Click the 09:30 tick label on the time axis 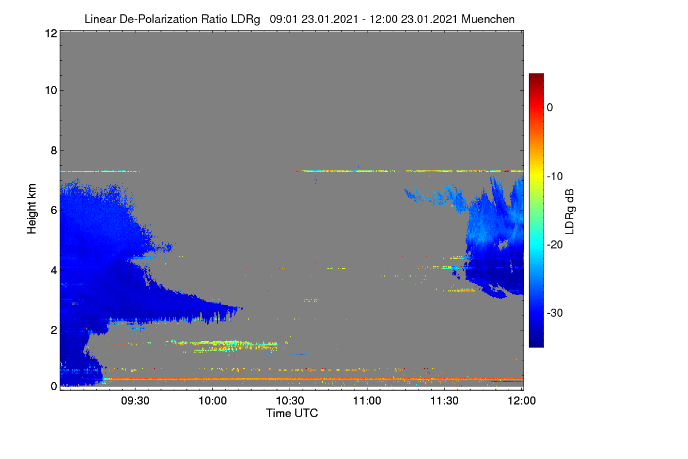[x=135, y=401]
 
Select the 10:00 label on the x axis [x=213, y=401]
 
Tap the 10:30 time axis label [x=290, y=401]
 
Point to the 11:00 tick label [x=367, y=401]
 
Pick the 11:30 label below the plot [x=444, y=401]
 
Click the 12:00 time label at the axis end [x=522, y=401]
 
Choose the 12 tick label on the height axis [x=51, y=33]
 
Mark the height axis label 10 [x=51, y=91]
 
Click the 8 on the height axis [x=54, y=150]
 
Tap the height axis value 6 [x=54, y=211]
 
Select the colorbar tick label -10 [x=555, y=177]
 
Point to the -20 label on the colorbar [x=555, y=245]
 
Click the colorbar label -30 [x=555, y=313]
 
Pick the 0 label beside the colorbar [x=550, y=108]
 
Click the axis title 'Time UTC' [x=292, y=413]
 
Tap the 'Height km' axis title [x=32, y=209]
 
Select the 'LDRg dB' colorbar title [x=569, y=212]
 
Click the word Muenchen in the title [x=488, y=19]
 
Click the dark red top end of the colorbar [x=536, y=75]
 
